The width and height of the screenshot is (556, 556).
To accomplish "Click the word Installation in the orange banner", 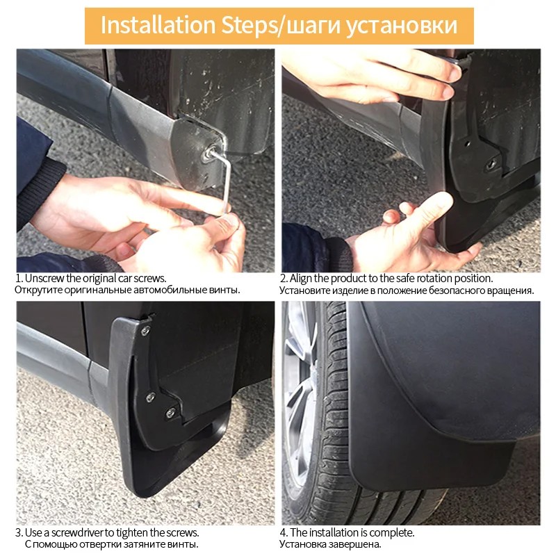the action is click(x=158, y=25).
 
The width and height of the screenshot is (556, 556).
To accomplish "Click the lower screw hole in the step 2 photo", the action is click(x=491, y=164).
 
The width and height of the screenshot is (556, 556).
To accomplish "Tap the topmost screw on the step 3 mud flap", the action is click(x=145, y=332).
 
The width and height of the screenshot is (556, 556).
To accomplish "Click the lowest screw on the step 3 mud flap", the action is click(x=170, y=413).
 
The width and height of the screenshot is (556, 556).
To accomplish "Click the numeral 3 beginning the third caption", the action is click(x=19, y=533).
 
